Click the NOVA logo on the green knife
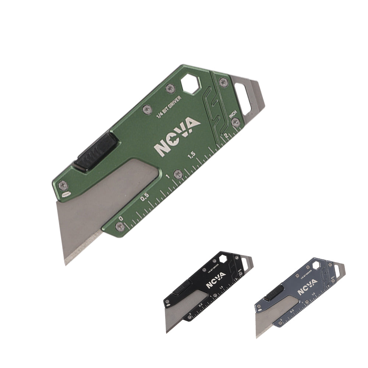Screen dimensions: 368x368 tap(178, 137)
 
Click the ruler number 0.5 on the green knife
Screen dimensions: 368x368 tap(145, 197)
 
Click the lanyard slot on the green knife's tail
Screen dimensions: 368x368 tap(245, 96)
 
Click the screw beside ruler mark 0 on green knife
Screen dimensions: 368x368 tap(120, 226)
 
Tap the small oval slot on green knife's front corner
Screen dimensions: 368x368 tap(66, 194)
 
